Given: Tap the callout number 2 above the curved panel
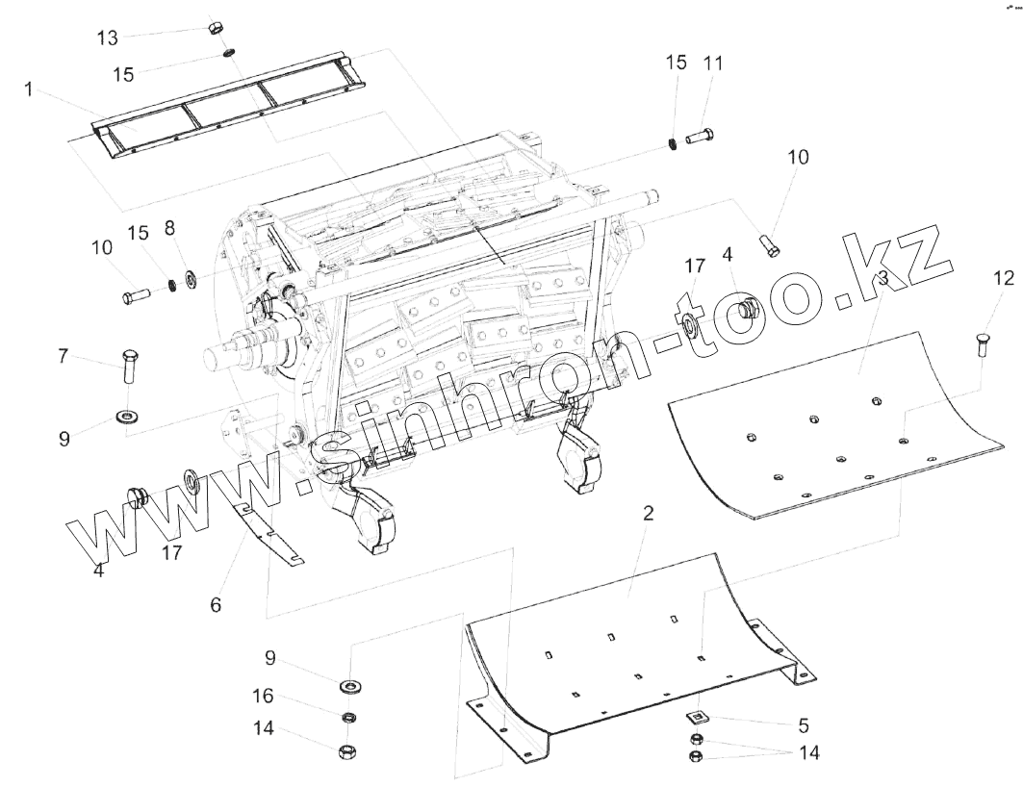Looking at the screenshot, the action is tap(648, 513).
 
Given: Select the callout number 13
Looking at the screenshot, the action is tap(108, 38).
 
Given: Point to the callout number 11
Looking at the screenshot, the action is tap(713, 63).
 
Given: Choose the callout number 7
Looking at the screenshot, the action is tap(64, 356).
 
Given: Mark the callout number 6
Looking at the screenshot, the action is tap(216, 604).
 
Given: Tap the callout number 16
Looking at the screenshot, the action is tap(263, 696).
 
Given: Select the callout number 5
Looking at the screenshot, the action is tap(804, 724).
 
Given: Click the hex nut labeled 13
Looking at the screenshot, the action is tap(216, 26).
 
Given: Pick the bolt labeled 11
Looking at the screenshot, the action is tap(700, 138).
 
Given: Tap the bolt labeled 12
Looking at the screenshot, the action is tap(983, 342).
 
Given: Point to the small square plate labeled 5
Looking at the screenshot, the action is tap(696, 717).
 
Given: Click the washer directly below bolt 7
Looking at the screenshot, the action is tap(125, 416).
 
